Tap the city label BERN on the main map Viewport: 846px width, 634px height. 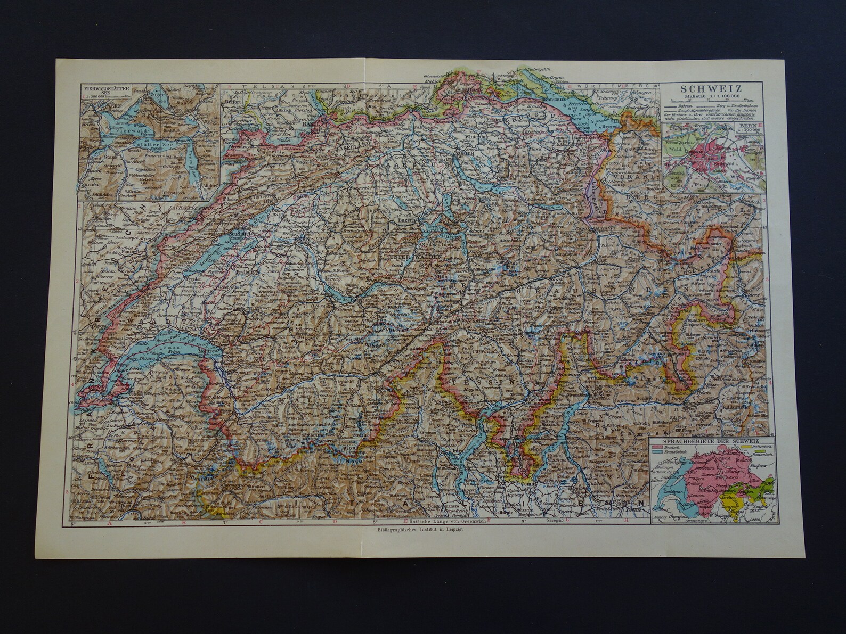point(302,239)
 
